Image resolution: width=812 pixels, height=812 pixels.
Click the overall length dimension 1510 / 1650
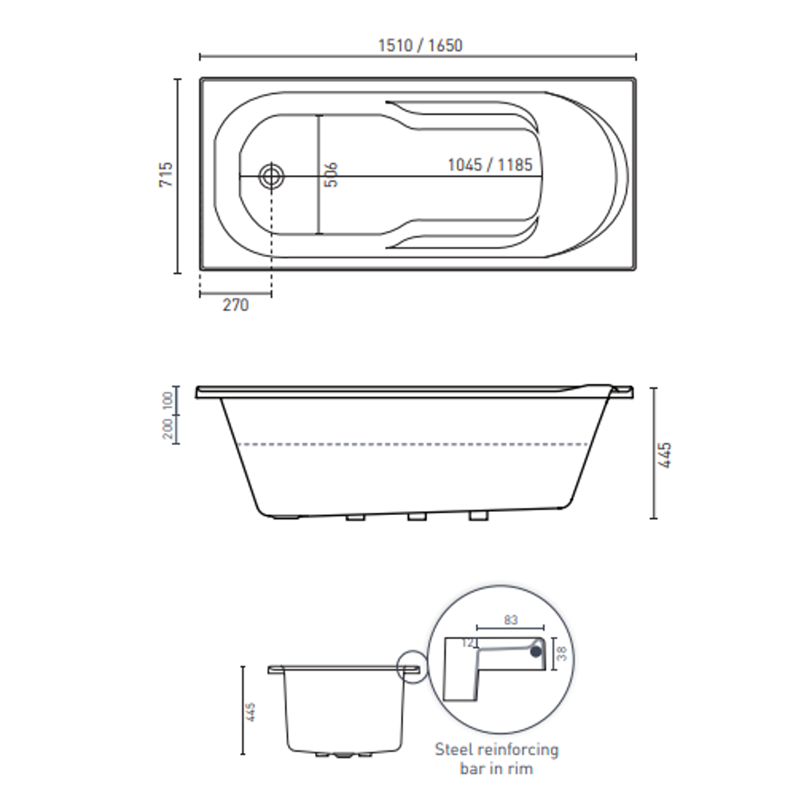tap(420, 45)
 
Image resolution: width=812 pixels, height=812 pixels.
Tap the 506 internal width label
tap(332, 174)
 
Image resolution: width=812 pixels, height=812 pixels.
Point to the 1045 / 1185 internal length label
tap(489, 165)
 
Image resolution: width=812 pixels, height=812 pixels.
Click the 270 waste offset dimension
tap(235, 305)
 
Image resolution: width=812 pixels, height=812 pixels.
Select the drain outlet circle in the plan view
tap(271, 177)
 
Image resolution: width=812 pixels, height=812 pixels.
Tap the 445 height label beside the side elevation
tap(665, 455)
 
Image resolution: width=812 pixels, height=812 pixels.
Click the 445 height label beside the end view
tap(251, 712)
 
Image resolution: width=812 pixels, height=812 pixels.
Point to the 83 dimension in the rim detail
tap(511, 620)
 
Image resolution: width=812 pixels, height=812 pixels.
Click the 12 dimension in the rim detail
tap(469, 643)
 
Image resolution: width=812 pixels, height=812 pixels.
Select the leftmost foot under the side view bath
tap(286, 517)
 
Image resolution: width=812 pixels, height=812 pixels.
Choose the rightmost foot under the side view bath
tap(477, 517)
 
